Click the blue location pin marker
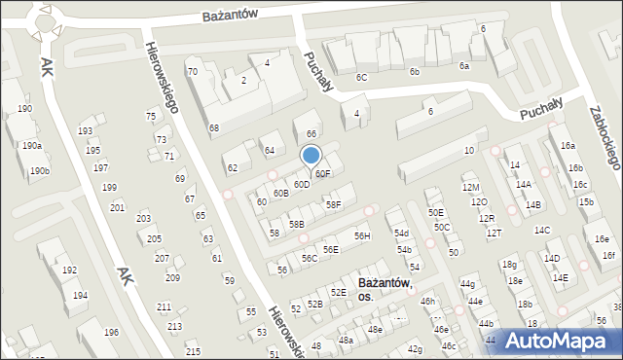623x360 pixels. click(311, 156)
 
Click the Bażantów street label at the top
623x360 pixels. click(230, 16)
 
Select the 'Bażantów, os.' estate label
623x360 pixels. click(385, 289)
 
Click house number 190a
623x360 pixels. click(32, 145)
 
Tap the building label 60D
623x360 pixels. click(302, 184)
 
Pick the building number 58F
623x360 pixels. click(334, 204)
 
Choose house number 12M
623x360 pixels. click(471, 187)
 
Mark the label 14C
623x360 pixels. click(542, 230)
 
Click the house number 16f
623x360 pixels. click(608, 255)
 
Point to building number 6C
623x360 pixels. click(361, 76)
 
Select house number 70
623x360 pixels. click(193, 71)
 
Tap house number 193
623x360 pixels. click(86, 130)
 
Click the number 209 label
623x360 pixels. click(172, 278)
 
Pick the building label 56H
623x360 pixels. click(362, 235)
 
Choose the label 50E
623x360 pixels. click(436, 212)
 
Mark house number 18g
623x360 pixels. click(508, 264)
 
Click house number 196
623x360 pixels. click(112, 333)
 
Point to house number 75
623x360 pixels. click(151, 116)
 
